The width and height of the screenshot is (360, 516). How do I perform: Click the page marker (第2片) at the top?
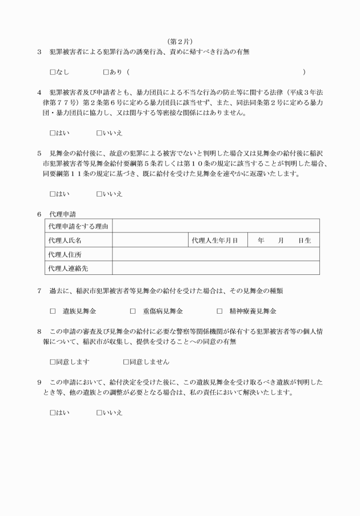pos(180,41)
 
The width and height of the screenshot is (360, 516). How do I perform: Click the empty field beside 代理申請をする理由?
pos(216,227)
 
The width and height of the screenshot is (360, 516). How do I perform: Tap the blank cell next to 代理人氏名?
pos(150,241)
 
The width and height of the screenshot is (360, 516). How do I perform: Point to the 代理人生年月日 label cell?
pos(215,241)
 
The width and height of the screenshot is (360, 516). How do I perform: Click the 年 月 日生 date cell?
pos(284,241)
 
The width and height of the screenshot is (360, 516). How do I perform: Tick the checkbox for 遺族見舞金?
pos(53,311)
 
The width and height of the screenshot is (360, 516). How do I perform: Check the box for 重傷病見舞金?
pos(133,311)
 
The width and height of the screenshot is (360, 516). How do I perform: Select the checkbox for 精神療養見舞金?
pos(219,311)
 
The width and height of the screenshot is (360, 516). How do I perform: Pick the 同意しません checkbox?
pos(126,362)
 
